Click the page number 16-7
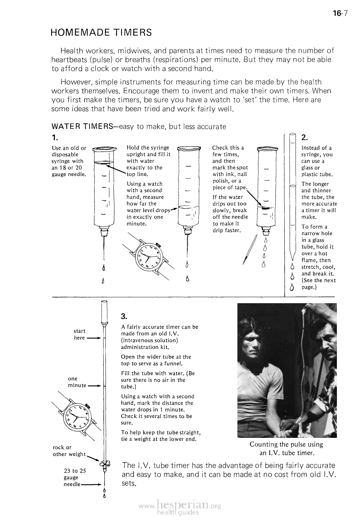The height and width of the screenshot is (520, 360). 340,14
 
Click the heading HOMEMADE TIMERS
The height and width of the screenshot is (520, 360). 101,33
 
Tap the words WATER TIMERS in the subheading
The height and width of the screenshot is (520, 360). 73,127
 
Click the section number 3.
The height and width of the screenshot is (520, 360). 124,316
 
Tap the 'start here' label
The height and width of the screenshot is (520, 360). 79,334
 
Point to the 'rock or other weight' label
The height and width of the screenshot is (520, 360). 69,451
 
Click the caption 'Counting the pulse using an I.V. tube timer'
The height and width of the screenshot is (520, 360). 286,449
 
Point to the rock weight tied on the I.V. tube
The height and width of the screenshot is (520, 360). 104,463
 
